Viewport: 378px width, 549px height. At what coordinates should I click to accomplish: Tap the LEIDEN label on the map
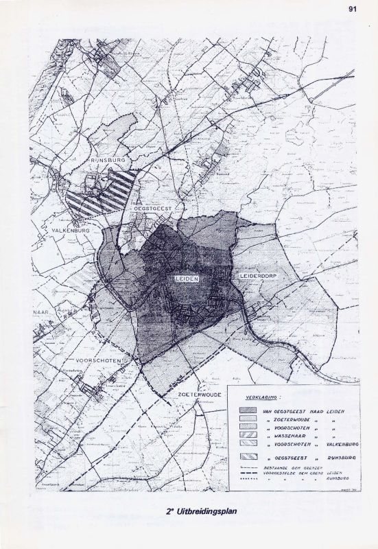[x=186, y=280]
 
